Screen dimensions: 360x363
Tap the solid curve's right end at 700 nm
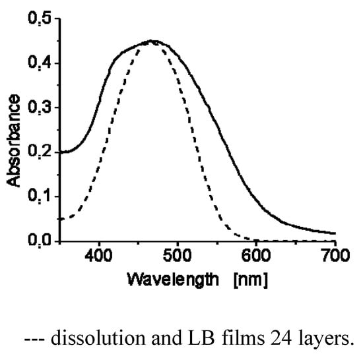335,233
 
